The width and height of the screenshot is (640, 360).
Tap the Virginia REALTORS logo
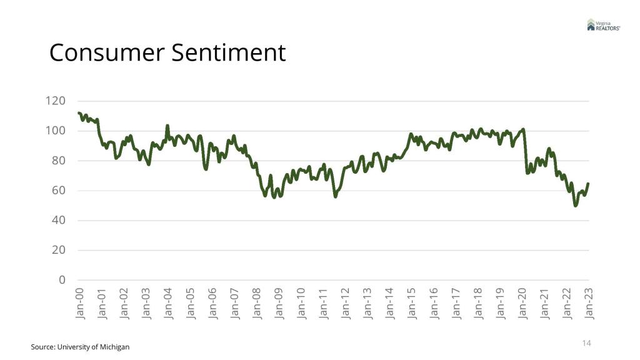pyautogui.click(x=603, y=24)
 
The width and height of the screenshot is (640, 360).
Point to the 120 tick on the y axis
pyautogui.click(x=56, y=101)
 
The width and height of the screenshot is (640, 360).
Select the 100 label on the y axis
pyautogui.click(x=56, y=131)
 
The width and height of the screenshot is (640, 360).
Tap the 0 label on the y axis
pyautogui.click(x=62, y=280)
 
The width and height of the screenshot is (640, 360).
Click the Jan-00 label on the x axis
pyautogui.click(x=79, y=304)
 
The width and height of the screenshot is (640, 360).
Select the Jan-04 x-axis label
pyautogui.click(x=167, y=304)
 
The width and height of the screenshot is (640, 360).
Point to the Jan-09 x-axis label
pyautogui.click(x=279, y=304)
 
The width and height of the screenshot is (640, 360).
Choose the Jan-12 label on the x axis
pyautogui.click(x=345, y=304)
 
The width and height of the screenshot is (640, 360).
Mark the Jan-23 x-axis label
pyautogui.click(x=589, y=304)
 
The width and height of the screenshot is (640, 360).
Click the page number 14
pyautogui.click(x=586, y=343)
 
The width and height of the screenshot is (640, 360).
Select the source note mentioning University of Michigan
pyautogui.click(x=80, y=346)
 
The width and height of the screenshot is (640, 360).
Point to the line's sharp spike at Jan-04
pyautogui.click(x=167, y=126)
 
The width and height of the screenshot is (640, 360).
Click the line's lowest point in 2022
pyautogui.click(x=576, y=206)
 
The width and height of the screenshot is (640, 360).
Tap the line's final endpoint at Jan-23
pyautogui.click(x=588, y=184)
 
